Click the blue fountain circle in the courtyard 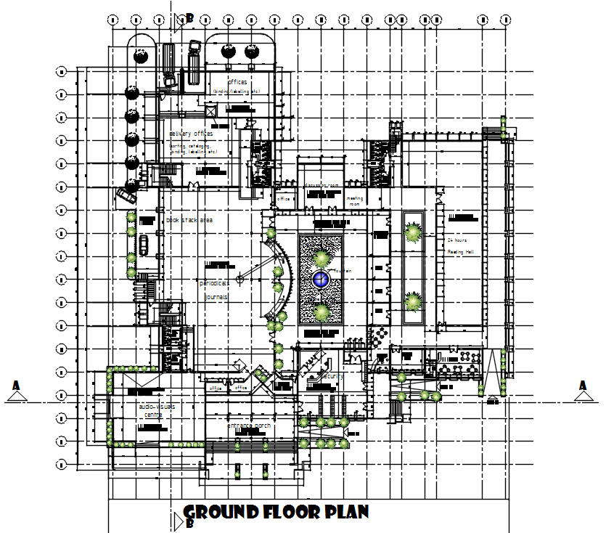321,278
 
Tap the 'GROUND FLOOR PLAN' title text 276,512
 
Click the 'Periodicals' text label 215,282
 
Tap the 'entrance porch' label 249,425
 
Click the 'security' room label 332,376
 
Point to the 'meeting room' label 354,201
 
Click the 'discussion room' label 322,185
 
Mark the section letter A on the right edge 582,386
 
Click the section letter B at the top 189,18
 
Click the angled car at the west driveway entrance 126,195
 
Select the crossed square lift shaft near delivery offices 211,111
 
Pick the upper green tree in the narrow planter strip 413,232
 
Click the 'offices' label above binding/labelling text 237,82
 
